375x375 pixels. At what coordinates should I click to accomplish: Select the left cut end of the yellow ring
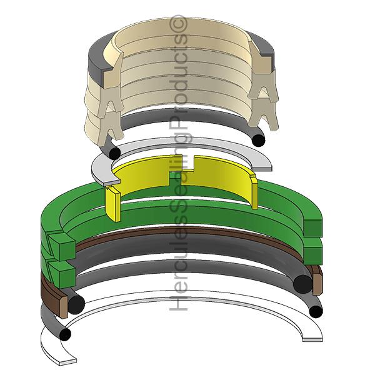point(114,204)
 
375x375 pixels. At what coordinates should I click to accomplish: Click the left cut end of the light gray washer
point(111,182)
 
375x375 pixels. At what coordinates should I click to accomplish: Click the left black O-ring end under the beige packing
point(114,153)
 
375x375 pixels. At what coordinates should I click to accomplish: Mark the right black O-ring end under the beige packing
point(259,140)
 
